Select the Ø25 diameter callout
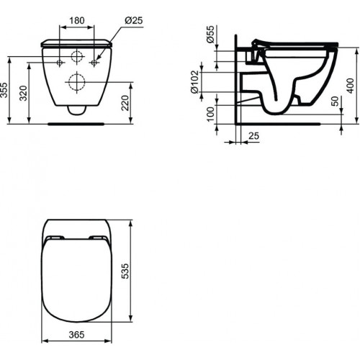coord(132,20)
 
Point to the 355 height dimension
coord(5,90)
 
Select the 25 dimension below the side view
coord(253,135)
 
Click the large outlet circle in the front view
coord(76,81)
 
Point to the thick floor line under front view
coord(76,123)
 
